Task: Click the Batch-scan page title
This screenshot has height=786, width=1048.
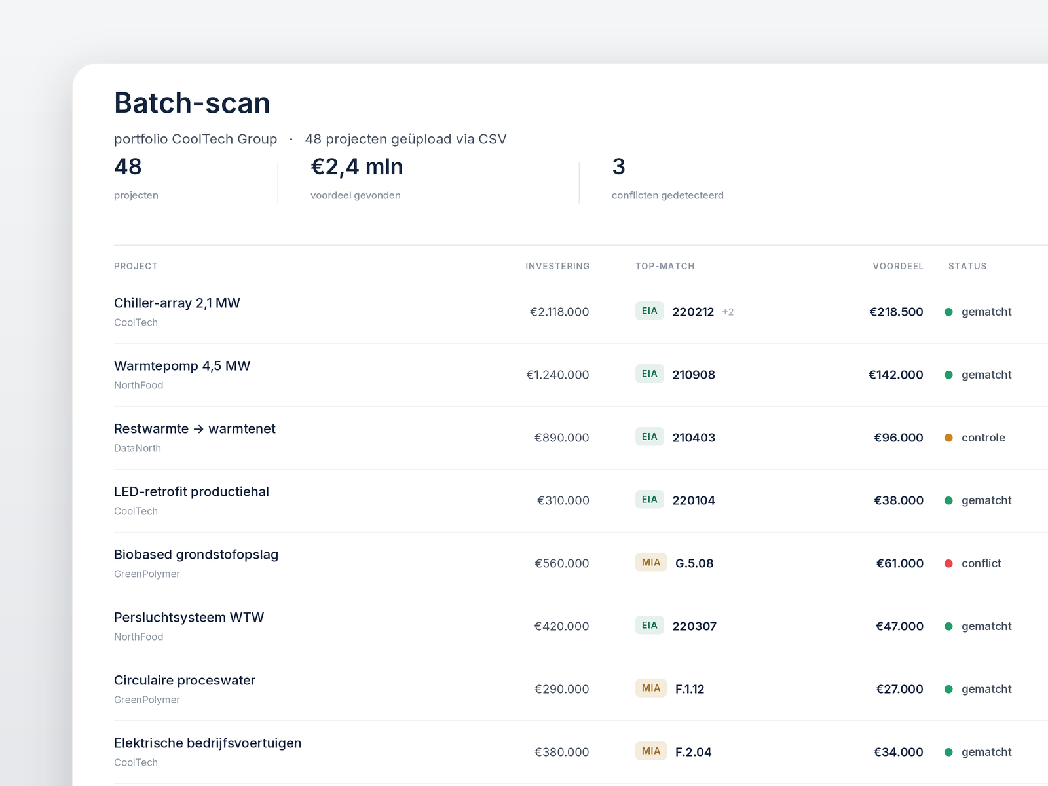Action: coord(192,103)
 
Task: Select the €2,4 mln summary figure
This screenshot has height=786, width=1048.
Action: coord(357,167)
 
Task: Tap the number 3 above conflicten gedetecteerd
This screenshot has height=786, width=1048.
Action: coord(618,166)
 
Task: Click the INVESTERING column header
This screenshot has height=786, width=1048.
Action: coord(557,267)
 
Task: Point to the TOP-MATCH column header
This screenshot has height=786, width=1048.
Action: coord(665,267)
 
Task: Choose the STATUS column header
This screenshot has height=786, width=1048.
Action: coord(967,267)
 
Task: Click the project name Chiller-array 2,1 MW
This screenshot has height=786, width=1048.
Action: coord(177,303)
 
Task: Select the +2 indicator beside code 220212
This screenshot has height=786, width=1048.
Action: coord(728,312)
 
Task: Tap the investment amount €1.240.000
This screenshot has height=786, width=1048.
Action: coord(557,375)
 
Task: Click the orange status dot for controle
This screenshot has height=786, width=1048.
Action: coord(948,438)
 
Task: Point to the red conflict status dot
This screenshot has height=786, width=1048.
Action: coord(948,563)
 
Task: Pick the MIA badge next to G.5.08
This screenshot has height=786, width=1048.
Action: coord(651,563)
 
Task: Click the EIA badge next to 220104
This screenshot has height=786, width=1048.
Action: coord(649,500)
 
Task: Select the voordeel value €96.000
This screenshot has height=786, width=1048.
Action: coord(899,438)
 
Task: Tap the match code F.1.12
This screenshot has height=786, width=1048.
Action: coord(690,689)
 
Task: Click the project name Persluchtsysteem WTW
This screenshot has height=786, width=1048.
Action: coord(189,618)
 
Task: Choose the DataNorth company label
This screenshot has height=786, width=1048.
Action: coord(138,448)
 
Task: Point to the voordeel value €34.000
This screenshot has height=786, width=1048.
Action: coord(899,752)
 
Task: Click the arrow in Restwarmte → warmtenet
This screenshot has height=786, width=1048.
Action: coord(198,430)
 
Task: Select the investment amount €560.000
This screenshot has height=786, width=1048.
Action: coord(561,563)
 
